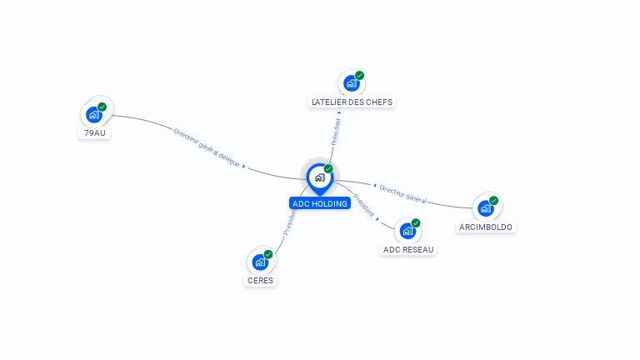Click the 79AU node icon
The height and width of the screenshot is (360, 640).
pyautogui.click(x=94, y=115)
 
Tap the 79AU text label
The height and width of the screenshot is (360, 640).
pyautogui.click(x=96, y=132)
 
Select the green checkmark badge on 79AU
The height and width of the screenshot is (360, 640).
pyautogui.click(x=102, y=107)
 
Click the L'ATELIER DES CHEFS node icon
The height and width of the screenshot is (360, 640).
pyautogui.click(x=352, y=83)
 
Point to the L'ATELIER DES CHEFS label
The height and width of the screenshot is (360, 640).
pyautogui.click(x=352, y=102)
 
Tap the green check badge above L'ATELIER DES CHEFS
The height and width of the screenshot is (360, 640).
pyautogui.click(x=359, y=76)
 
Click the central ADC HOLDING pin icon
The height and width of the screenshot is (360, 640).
pyautogui.click(x=319, y=177)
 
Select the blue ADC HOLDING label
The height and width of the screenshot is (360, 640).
pyautogui.click(x=319, y=203)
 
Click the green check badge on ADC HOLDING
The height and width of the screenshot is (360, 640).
pyautogui.click(x=328, y=168)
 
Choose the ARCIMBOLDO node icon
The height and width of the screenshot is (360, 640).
pyautogui.click(x=486, y=208)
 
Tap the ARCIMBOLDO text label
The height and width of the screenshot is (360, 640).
pyautogui.click(x=486, y=227)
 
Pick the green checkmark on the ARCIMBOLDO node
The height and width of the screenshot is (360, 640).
pyautogui.click(x=493, y=201)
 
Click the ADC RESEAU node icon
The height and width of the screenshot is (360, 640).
pyautogui.click(x=407, y=231)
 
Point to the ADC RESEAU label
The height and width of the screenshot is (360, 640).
pyautogui.click(x=408, y=249)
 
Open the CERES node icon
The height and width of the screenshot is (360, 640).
pyautogui.click(x=261, y=262)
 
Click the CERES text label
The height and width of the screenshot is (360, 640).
pyautogui.click(x=261, y=281)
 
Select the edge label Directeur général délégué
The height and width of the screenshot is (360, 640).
pyautogui.click(x=207, y=147)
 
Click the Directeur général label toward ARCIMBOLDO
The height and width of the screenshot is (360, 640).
pyautogui.click(x=403, y=194)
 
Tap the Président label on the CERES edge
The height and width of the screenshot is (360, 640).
pyautogui.click(x=289, y=222)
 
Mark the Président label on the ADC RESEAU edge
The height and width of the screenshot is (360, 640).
pyautogui.click(x=363, y=205)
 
